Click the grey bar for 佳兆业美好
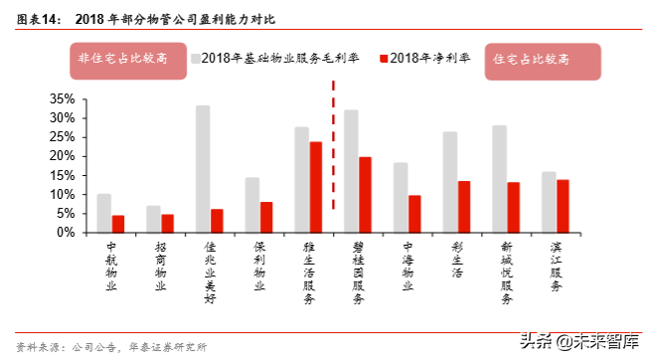(203, 169)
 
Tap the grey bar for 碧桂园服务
(351, 171)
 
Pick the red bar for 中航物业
(118, 224)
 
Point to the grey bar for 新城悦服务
(499, 179)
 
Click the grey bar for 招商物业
(153, 219)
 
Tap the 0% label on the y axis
(66, 233)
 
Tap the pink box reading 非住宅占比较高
(126, 60)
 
